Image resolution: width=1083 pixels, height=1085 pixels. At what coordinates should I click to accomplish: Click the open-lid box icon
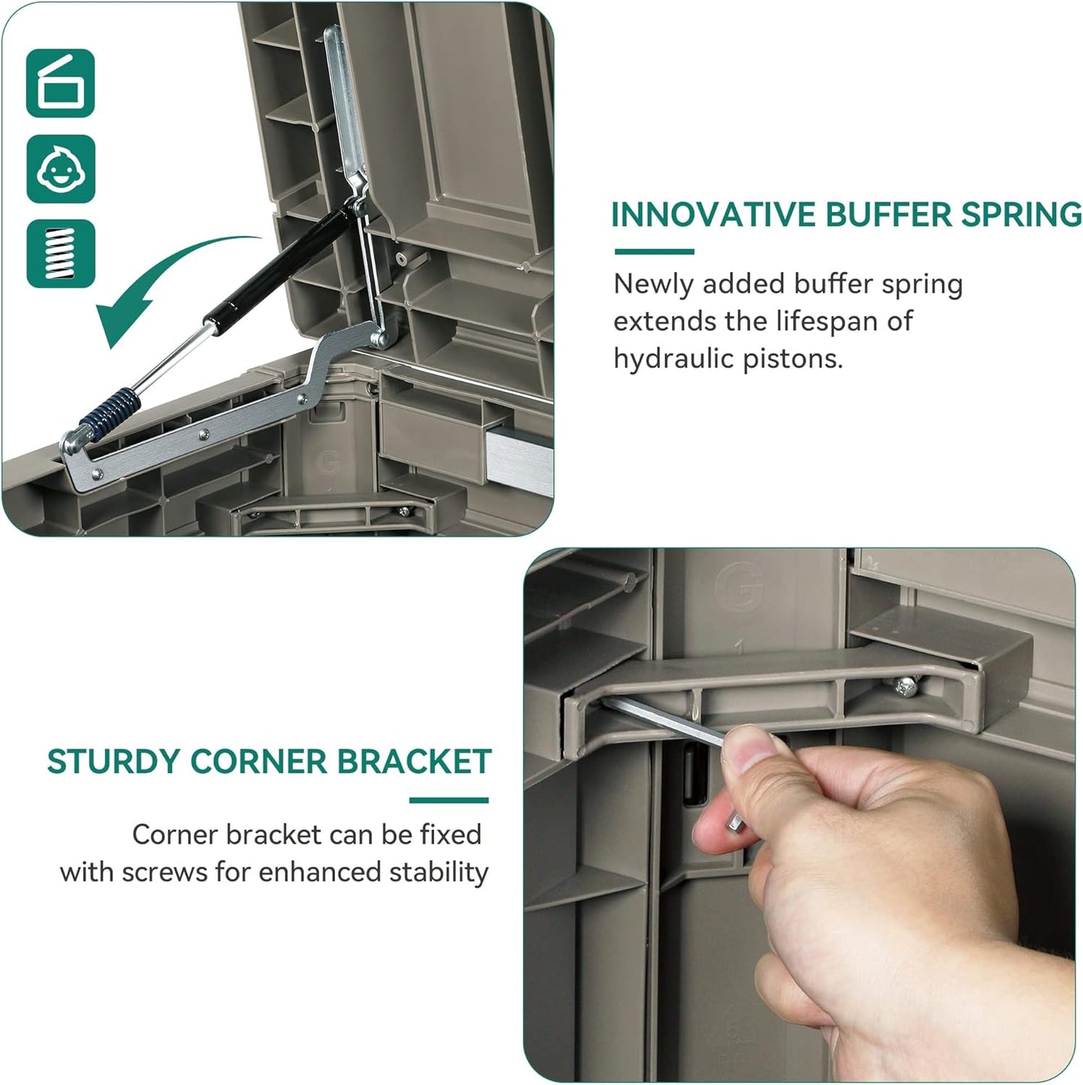coord(60,83)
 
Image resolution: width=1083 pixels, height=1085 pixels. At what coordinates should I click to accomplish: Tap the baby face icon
coord(61,169)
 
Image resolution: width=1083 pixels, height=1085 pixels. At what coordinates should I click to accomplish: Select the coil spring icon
coord(61,253)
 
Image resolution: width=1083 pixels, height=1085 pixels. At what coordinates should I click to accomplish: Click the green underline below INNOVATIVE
coord(654,252)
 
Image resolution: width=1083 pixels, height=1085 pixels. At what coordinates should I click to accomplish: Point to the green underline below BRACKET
coord(449,800)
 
